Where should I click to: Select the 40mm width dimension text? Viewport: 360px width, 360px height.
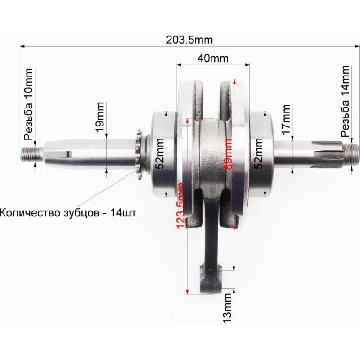pyautogui.click(x=213, y=58)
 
